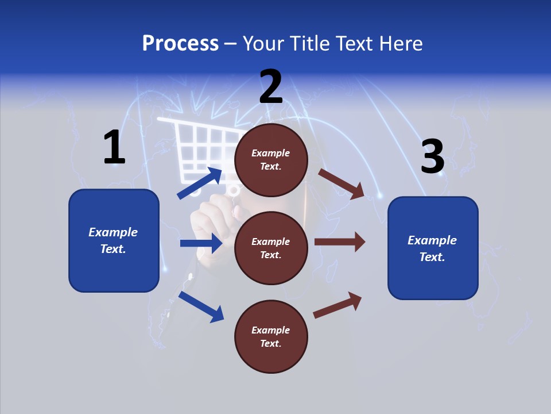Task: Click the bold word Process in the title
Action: tap(180, 43)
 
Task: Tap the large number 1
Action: tap(114, 147)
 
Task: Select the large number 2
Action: tap(271, 87)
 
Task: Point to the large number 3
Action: tap(432, 157)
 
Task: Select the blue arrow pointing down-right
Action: tap(201, 306)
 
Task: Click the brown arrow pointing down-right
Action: tap(341, 183)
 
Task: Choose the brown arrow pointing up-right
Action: tap(337, 305)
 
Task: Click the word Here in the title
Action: tap(401, 43)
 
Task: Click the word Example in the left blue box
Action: tap(113, 232)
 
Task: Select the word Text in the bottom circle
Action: tap(270, 344)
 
